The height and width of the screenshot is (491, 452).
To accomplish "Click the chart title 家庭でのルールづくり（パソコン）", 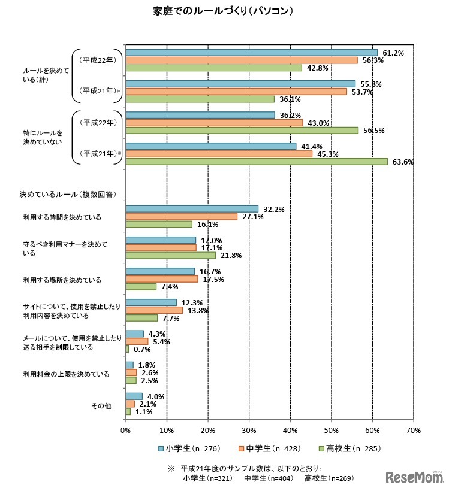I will click(x=225, y=11).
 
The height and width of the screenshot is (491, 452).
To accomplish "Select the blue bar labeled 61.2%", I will click(x=251, y=52).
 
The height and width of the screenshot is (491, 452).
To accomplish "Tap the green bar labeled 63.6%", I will click(x=256, y=161).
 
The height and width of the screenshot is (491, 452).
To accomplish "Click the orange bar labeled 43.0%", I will click(x=214, y=122).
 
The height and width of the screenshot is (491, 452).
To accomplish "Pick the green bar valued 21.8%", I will click(x=170, y=255).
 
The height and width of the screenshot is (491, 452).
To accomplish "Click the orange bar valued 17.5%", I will click(x=161, y=278).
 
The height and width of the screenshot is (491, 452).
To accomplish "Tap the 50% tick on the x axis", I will click(x=331, y=430).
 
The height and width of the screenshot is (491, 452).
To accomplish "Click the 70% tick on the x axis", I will click(x=413, y=430).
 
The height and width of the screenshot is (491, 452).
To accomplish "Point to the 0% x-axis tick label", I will click(x=126, y=430).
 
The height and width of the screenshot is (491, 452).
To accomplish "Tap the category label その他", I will click(x=101, y=406).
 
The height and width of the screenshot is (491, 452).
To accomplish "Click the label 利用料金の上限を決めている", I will click(x=66, y=374).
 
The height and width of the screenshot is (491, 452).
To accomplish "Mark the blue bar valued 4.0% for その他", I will click(x=134, y=396).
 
